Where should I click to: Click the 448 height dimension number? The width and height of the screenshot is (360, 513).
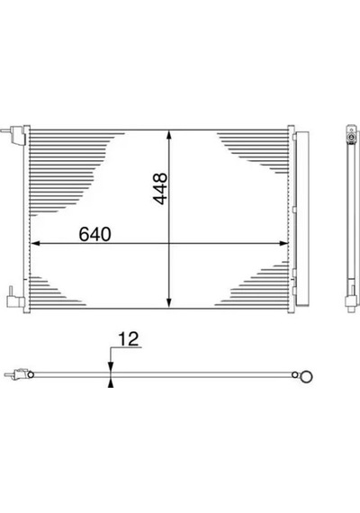pyautogui.click(x=161, y=189)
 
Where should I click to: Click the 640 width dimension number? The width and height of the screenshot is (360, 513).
pyautogui.click(x=94, y=234)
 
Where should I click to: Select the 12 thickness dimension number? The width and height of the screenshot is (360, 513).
pyautogui.click(x=129, y=339)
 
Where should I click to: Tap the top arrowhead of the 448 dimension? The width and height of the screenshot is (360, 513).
pyautogui.click(x=169, y=135)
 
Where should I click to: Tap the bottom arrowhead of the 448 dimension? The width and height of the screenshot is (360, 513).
pyautogui.click(x=169, y=303)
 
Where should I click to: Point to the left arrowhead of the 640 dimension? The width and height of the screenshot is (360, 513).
pyautogui.click(x=35, y=243)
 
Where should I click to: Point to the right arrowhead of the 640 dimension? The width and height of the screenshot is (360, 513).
pyautogui.click(x=283, y=243)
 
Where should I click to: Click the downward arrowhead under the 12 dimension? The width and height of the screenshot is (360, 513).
pyautogui.click(x=111, y=367)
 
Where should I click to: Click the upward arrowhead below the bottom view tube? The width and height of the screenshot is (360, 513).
pyautogui.click(x=111, y=382)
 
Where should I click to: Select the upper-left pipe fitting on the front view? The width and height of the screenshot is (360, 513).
pyautogui.click(x=13, y=135)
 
